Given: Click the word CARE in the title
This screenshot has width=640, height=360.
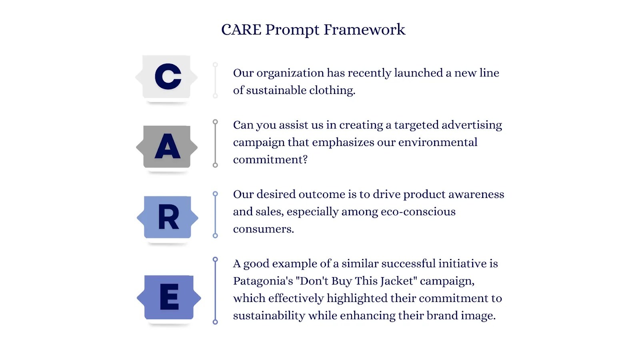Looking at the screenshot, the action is click(x=241, y=30).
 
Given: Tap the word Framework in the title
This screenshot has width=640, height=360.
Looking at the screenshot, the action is click(x=364, y=30).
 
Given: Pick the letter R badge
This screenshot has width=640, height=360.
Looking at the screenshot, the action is click(x=168, y=217).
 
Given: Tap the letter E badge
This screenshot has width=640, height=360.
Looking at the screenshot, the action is click(x=169, y=297).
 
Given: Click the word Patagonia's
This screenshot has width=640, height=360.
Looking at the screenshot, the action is click(x=263, y=281).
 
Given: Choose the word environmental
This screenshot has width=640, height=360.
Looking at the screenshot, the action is click(x=438, y=142).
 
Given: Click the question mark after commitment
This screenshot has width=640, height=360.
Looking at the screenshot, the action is click(x=305, y=159).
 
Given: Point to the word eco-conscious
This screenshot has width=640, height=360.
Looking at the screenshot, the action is click(x=418, y=212).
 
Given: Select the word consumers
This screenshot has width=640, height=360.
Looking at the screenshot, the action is click(x=264, y=229).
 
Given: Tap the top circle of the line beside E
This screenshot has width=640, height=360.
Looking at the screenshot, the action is click(x=216, y=260).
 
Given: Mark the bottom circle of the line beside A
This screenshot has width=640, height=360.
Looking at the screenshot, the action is click(x=216, y=165).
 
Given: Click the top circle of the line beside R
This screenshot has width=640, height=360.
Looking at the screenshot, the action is click(x=216, y=194).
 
